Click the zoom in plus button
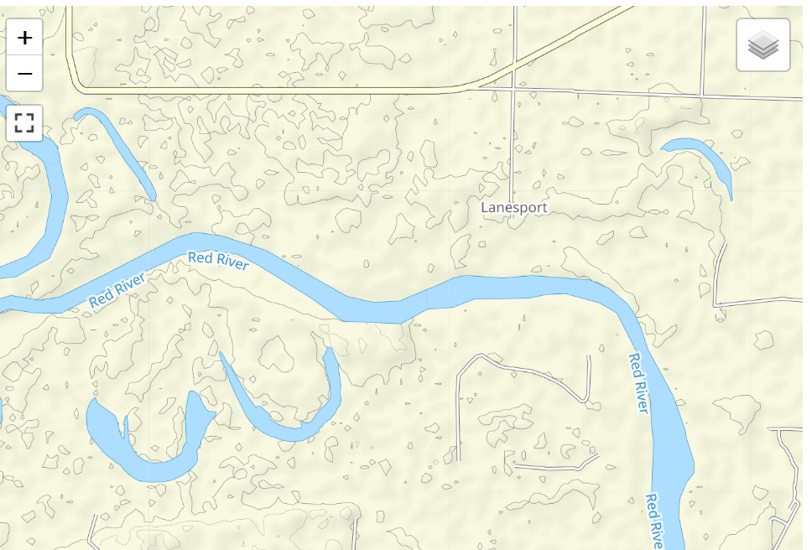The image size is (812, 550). click(x=24, y=38)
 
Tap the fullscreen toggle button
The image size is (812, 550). click(x=24, y=123)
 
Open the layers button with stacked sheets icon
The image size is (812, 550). click(x=763, y=45)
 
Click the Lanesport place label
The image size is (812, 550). click(x=513, y=207)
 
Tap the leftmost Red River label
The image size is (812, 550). click(x=117, y=289)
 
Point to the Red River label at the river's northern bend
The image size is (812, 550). click(x=218, y=261)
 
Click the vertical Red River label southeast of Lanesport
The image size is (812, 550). click(x=639, y=383)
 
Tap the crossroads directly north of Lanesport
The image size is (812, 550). click(x=513, y=86)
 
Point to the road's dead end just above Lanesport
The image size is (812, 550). click(x=512, y=200)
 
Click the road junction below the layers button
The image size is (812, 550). click(x=702, y=93)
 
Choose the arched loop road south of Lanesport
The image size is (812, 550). click(x=520, y=369)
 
